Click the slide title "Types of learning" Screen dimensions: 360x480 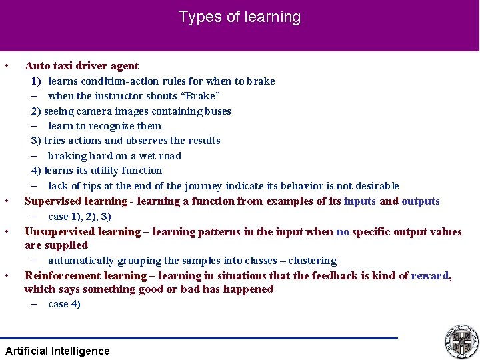[x=239, y=17]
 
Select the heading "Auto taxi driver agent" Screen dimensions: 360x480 [x=81, y=66]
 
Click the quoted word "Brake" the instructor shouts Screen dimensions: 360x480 [x=201, y=96]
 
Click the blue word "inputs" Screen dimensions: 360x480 [x=359, y=201]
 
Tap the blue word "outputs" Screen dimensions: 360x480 [x=420, y=201]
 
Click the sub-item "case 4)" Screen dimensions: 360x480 [x=64, y=304]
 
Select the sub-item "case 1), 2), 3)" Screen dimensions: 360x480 [x=79, y=217]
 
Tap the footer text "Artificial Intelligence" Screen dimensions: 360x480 [x=57, y=351]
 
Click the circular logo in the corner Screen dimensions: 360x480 [x=461, y=341]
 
